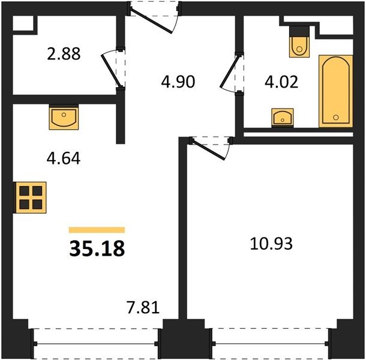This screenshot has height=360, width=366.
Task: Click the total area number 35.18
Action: (x=97, y=248)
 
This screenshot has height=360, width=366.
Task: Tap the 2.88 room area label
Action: (x=64, y=53)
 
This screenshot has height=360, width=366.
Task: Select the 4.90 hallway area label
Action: (x=178, y=82)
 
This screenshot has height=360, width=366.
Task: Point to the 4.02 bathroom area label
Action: (x=281, y=82)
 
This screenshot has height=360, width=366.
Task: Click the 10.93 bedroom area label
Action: (x=271, y=244)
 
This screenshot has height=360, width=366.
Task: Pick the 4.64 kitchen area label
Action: (x=64, y=158)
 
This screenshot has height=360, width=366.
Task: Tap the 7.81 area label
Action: (x=143, y=307)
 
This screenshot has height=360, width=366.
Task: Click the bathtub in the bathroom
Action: (x=335, y=91)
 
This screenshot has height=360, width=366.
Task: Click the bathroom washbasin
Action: (x=283, y=118)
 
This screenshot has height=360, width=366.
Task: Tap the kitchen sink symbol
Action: (x=64, y=117)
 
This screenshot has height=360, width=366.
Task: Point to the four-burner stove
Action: (x=31, y=197)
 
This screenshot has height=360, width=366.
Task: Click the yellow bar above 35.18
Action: (x=97, y=230)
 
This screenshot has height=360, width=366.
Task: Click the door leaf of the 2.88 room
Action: (x=110, y=71)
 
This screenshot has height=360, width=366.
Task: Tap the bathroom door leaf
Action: (x=230, y=71)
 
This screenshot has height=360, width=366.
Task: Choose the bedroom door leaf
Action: (x=208, y=149)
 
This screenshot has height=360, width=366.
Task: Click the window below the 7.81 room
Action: (x=96, y=343)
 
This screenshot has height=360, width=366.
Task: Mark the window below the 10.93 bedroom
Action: (x=271, y=343)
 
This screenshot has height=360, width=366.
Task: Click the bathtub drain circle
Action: (x=336, y=118)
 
